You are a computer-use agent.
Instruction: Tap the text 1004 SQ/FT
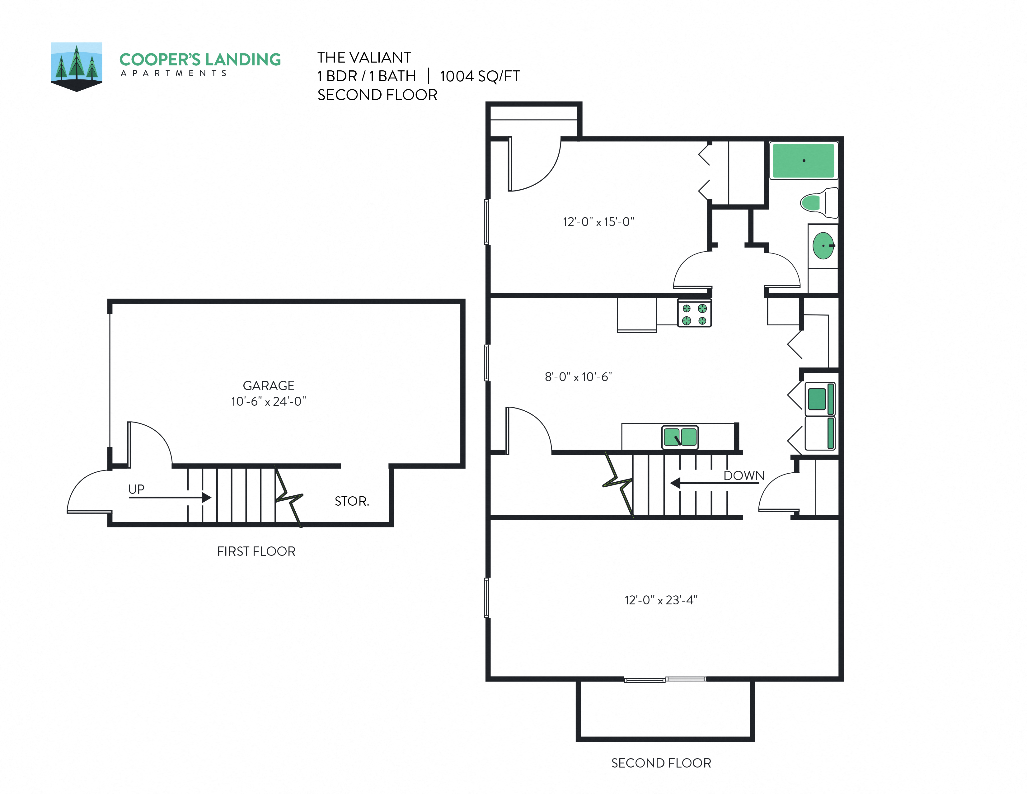(x=479, y=76)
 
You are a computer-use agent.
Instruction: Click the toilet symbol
(x=818, y=203)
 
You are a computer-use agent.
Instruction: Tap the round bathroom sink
(x=823, y=246)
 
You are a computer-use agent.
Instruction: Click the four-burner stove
(x=694, y=314)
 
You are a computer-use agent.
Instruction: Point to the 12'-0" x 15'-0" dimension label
(x=598, y=222)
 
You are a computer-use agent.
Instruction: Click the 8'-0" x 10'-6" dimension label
(x=578, y=377)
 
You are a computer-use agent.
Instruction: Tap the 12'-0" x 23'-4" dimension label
(x=661, y=600)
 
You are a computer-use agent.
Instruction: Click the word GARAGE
(x=269, y=386)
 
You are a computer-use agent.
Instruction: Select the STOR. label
(x=352, y=501)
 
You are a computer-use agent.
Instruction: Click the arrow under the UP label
(x=169, y=497)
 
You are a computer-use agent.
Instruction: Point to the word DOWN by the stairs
(x=743, y=475)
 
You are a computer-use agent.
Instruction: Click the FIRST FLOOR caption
(x=256, y=551)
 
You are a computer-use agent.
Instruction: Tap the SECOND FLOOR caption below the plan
(x=661, y=763)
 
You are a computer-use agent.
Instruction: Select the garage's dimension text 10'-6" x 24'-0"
(x=269, y=402)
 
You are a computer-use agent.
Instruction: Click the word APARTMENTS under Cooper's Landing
(x=174, y=73)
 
